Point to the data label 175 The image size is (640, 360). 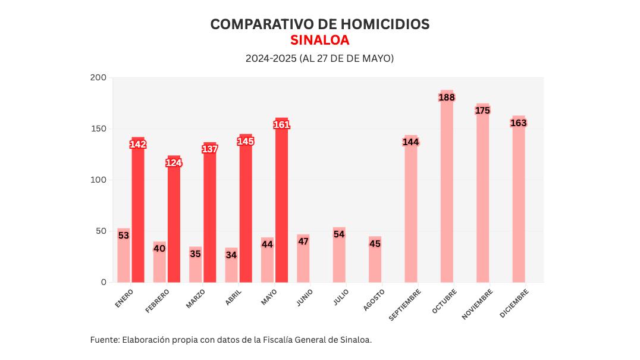(x=482, y=110)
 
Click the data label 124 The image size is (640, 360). (x=174, y=162)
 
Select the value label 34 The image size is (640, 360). (x=231, y=255)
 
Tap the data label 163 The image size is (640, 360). (x=519, y=123)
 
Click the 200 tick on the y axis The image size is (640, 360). (x=98, y=78)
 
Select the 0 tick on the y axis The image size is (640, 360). (x=103, y=282)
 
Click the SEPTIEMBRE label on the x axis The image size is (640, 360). (x=406, y=305)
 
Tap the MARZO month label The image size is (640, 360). (x=196, y=299)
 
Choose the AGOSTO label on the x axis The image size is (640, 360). (x=374, y=300)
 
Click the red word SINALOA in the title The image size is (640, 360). (x=319, y=40)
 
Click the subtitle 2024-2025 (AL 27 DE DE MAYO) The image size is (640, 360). (x=319, y=59)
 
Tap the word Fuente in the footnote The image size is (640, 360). (x=104, y=340)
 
